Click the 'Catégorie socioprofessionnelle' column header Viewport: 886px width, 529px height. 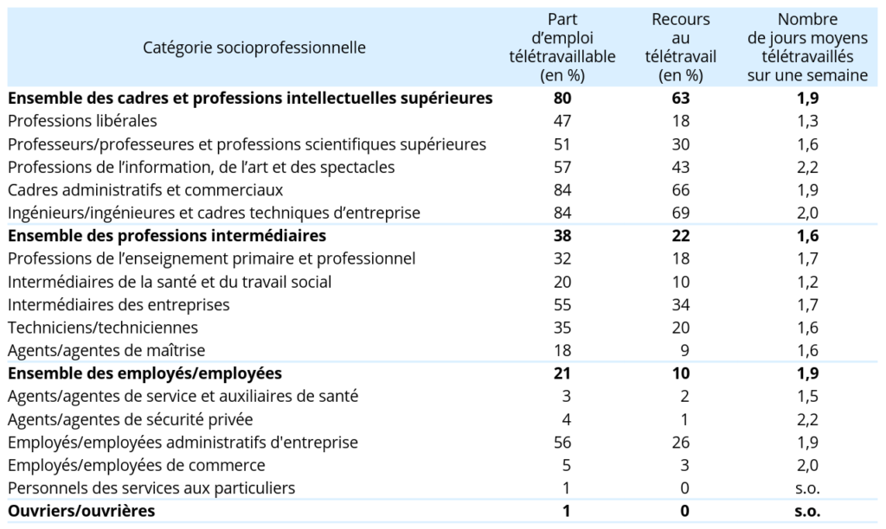tap(254, 48)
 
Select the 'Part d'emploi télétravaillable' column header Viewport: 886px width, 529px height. tap(562, 48)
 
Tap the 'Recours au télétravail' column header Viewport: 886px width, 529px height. tap(680, 48)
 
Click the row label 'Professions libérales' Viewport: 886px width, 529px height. tap(82, 121)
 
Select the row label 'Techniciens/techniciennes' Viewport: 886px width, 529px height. tap(103, 328)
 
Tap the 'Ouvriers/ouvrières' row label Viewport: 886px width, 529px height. tap(81, 511)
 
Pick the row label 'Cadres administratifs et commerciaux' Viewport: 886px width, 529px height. tap(145, 189)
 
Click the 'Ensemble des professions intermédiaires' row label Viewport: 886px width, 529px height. tap(167, 235)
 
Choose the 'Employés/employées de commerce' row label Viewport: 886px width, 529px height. tap(136, 465)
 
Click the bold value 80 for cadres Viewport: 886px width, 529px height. tap(562, 99)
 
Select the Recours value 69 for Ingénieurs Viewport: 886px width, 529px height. tap(680, 213)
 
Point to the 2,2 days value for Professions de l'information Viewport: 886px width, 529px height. tap(807, 167)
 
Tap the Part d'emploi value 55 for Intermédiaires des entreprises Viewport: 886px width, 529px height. tap(562, 305)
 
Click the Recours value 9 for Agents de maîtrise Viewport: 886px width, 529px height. tap(685, 351)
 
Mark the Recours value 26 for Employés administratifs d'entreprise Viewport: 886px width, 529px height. tap(680, 442)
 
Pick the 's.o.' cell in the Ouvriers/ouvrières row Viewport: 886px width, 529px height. tap(807, 511)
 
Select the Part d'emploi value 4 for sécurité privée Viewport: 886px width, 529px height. tap(566, 419)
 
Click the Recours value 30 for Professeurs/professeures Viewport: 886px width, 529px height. tap(680, 144)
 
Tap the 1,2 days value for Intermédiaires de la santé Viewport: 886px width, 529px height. tap(807, 282)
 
